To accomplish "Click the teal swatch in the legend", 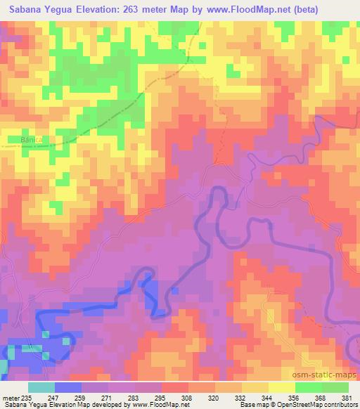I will (x=41, y=387).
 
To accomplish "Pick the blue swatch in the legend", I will (x=68, y=387).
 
